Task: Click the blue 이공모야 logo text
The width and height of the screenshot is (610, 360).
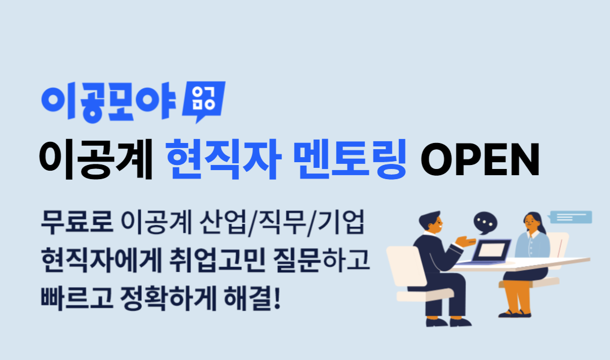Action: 108,102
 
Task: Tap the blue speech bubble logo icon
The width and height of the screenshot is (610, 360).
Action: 203,101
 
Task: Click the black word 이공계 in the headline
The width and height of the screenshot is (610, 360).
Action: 96,159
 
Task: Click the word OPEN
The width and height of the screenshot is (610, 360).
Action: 480,160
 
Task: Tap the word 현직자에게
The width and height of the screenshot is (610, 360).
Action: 101,260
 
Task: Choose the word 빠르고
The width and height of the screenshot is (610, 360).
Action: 77,298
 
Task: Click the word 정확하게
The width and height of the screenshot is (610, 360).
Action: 168,298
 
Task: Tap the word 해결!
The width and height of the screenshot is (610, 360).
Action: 252,298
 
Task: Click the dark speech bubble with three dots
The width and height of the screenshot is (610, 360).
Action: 485,223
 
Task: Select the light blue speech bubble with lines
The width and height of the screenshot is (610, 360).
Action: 570,217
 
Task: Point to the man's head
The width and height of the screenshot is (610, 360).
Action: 432,223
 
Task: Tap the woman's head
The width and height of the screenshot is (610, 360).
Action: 532,223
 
